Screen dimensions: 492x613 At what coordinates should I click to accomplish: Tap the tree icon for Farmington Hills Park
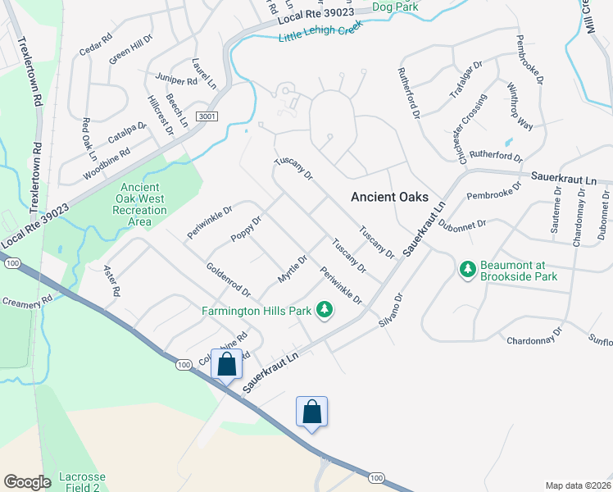(x=325, y=310)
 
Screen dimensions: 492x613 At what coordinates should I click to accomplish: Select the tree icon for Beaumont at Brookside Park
(x=468, y=269)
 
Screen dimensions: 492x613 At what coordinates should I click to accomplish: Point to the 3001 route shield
(x=207, y=117)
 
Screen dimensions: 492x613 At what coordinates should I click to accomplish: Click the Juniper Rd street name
(x=177, y=80)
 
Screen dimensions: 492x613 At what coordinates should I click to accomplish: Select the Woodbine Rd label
(x=107, y=165)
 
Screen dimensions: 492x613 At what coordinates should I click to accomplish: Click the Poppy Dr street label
(x=246, y=227)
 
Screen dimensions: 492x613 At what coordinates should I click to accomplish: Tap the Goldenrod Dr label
(x=228, y=279)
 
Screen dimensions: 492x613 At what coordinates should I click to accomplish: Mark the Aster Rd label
(x=111, y=280)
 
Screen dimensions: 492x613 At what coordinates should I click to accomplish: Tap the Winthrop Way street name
(x=520, y=107)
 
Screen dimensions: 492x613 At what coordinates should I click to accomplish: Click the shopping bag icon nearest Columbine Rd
(x=227, y=364)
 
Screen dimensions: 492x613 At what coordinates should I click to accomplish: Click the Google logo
(x=28, y=481)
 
